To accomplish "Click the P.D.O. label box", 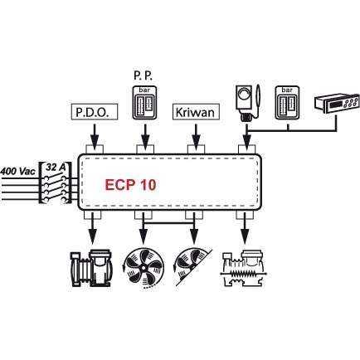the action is click(95, 112).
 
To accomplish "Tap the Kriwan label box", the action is click(196, 112).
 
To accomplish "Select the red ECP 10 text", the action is click(130, 185).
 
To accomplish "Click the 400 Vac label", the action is click(18, 171).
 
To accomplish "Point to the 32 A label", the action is click(56, 168).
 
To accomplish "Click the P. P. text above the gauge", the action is click(143, 76).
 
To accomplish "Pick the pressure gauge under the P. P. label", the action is click(144, 103).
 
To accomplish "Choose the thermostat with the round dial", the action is click(246, 103).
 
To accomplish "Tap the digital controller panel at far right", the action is click(337, 104).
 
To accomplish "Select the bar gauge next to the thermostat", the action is click(287, 103).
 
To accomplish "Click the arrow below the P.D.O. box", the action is click(95, 136).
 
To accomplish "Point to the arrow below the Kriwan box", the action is click(196, 136).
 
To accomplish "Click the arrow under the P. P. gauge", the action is click(145, 136).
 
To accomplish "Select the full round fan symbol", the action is click(144, 268).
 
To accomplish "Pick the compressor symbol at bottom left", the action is click(92, 268).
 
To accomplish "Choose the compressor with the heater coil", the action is click(244, 269).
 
